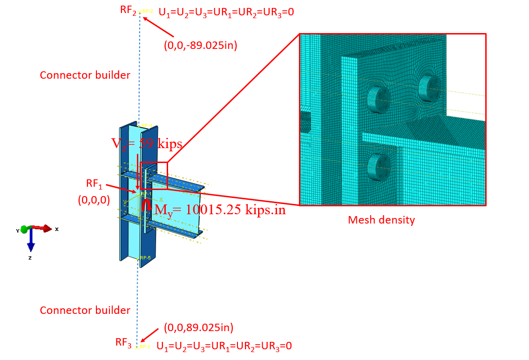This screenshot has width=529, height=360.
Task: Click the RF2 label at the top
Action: point(128,11)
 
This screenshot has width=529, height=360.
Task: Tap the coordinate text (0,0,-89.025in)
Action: point(201,46)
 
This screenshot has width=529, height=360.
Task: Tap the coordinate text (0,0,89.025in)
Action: point(199,327)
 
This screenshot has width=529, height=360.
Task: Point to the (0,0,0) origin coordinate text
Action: point(94,199)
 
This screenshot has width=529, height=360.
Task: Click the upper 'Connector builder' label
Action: point(85,75)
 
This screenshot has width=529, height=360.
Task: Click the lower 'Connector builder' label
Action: point(85,310)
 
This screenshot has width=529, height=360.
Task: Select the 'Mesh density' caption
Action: point(381,220)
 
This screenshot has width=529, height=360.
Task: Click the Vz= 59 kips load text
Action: point(147,144)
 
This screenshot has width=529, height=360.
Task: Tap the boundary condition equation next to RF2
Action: point(226,12)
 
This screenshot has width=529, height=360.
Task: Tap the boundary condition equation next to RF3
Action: point(224,346)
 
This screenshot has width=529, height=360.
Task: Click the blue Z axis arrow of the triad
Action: point(31,239)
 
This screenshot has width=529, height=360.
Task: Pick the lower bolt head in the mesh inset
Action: point(378,167)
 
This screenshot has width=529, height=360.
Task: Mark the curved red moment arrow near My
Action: point(146,205)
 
